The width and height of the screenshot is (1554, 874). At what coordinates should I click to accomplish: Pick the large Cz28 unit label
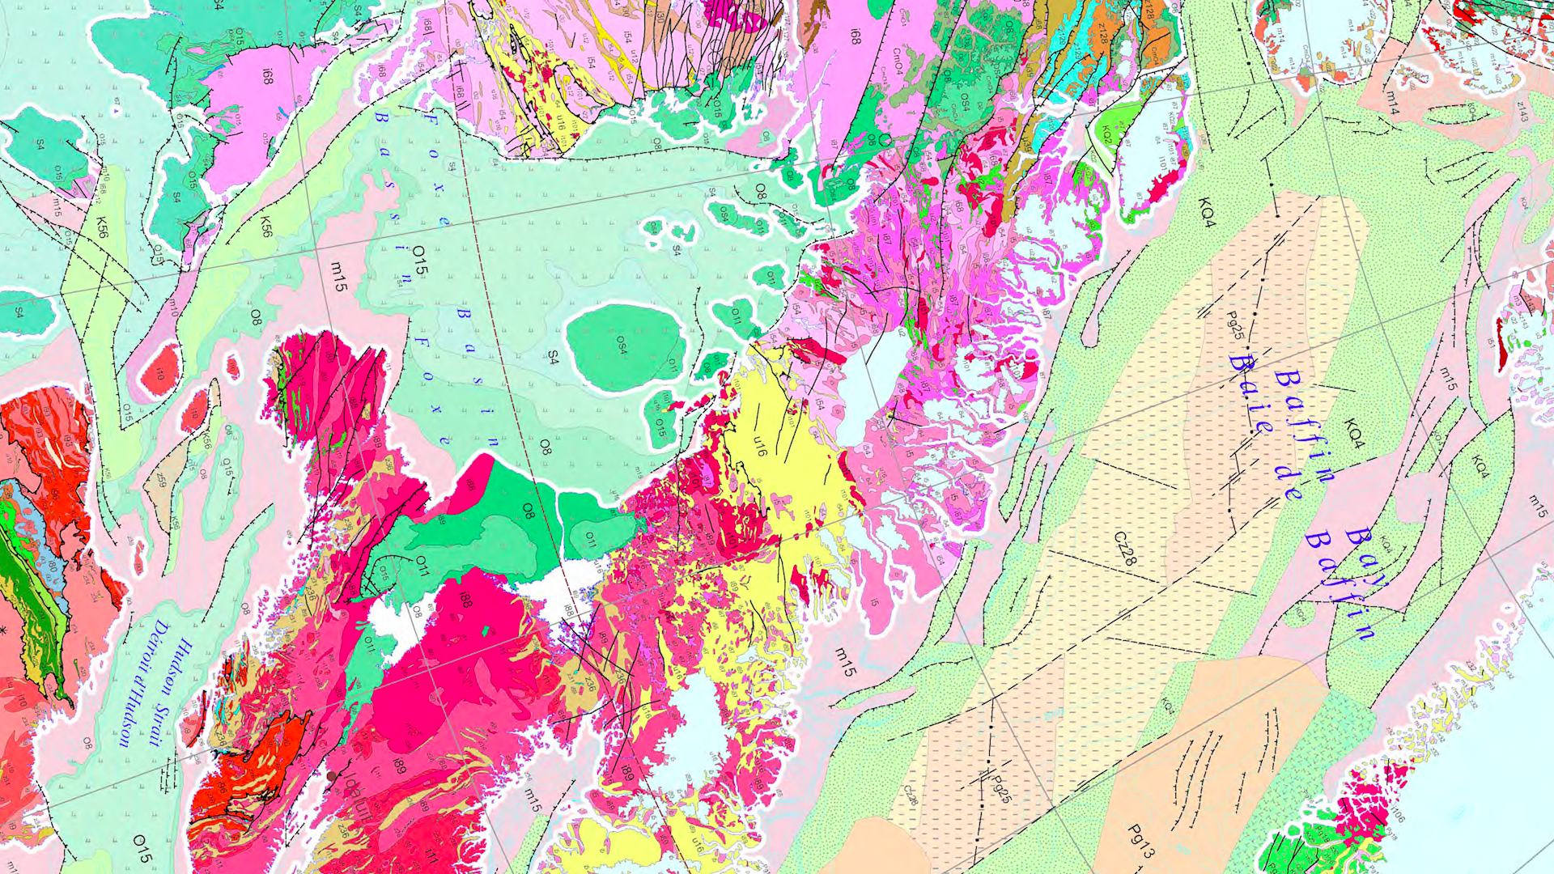[x=1126, y=548]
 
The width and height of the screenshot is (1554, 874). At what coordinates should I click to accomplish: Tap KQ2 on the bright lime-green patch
[x=1105, y=134]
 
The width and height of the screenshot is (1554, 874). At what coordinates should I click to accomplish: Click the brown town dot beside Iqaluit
[x=330, y=776]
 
